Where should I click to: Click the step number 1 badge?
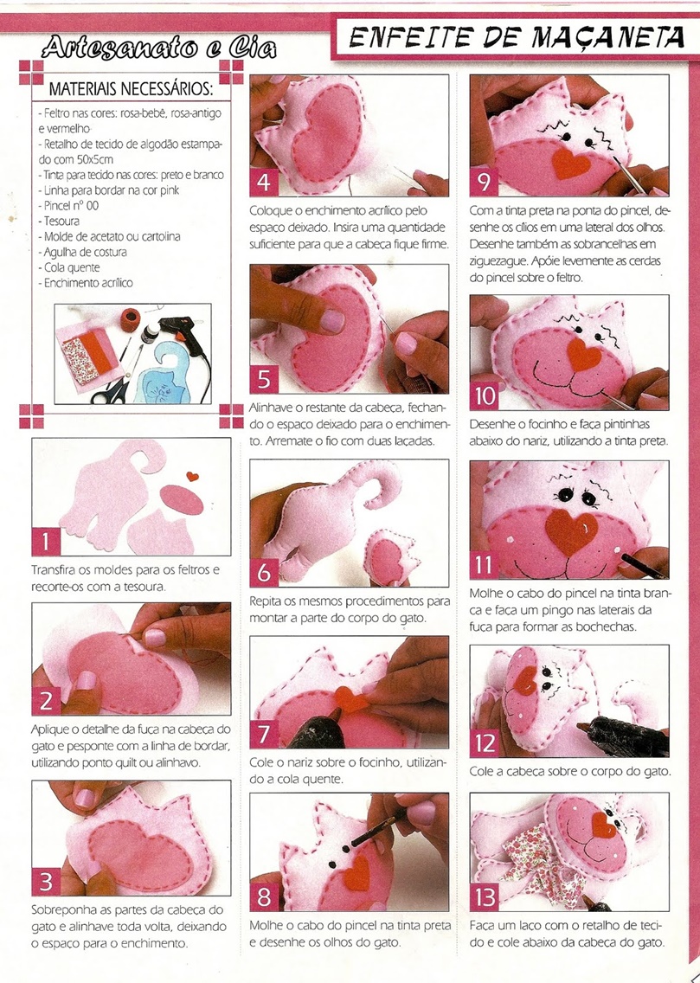tap(47, 541)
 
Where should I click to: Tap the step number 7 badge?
tap(264, 734)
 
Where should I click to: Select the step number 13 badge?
tap(485, 897)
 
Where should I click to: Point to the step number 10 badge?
tap(485, 396)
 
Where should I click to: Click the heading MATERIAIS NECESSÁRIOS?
tap(131, 88)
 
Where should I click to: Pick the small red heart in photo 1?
tap(193, 476)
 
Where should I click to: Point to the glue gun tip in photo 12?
tap(581, 727)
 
